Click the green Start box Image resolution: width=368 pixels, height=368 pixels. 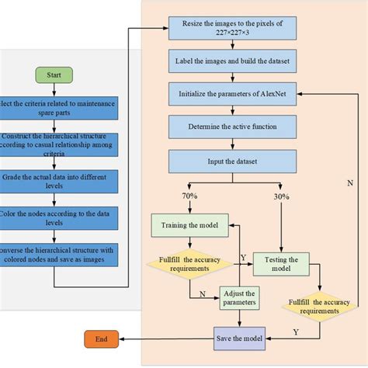54,75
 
